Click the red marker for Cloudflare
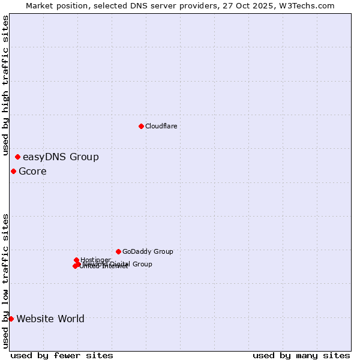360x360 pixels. click(141, 126)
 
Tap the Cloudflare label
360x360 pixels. click(161, 126)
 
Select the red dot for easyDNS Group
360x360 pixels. click(17, 157)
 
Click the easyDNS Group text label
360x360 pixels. click(61, 157)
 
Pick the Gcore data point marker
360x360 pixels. click(13, 172)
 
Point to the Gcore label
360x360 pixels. click(32, 172)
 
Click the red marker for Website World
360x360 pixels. click(11, 319)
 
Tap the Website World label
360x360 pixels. click(50, 319)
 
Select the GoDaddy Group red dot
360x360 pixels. click(118, 251)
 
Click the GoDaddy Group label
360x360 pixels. click(148, 251)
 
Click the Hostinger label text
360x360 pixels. click(96, 260)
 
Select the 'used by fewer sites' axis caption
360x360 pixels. click(62, 355)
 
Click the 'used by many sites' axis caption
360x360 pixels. click(301, 355)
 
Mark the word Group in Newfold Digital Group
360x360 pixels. click(142, 264)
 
